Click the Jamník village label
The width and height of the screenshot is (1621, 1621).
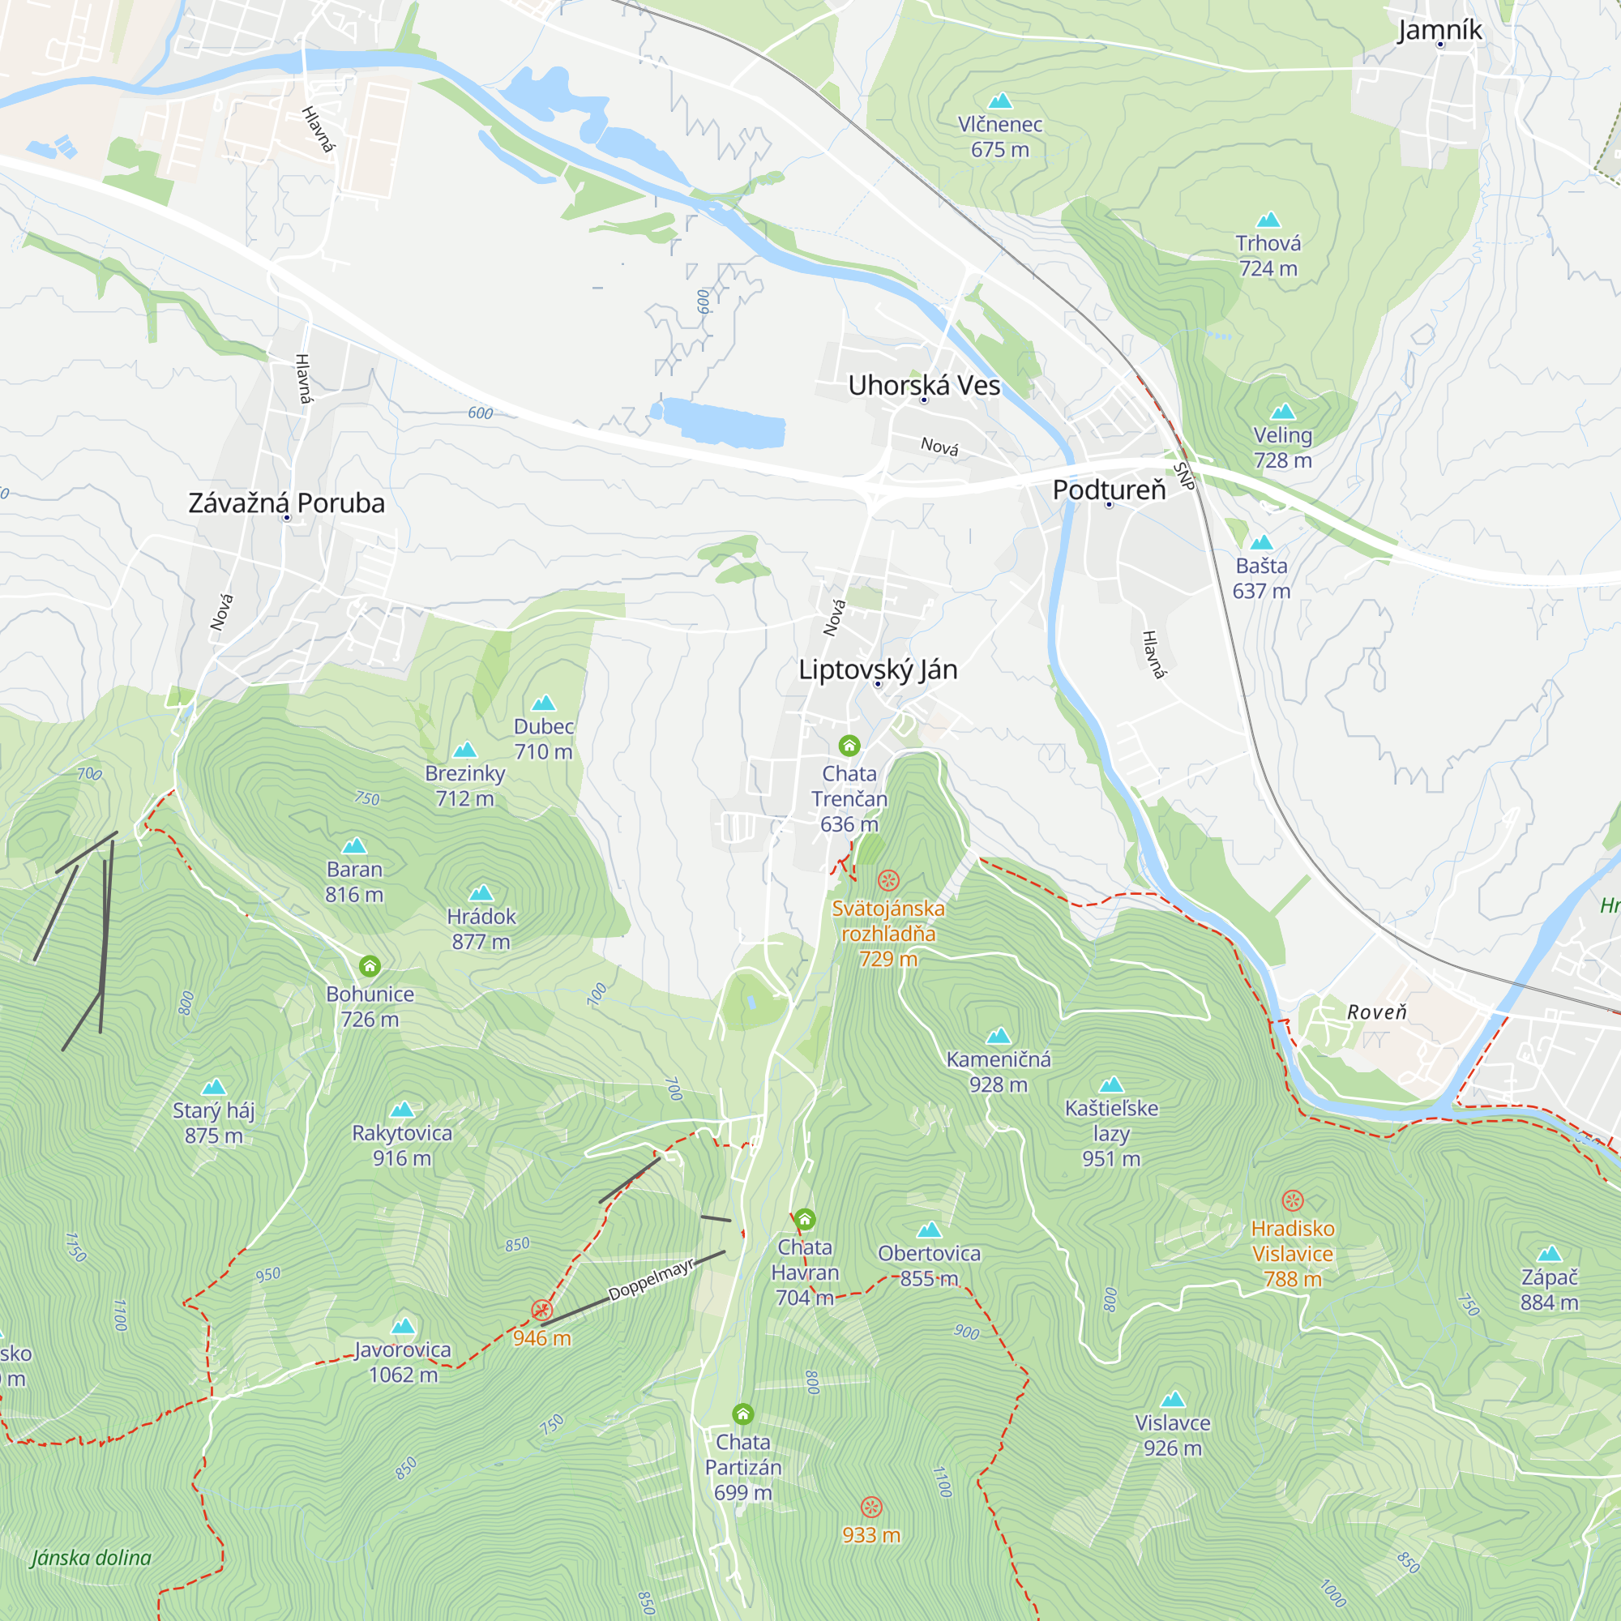(1439, 30)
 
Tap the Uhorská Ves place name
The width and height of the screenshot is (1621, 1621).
(924, 385)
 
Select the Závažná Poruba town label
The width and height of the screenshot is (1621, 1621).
(286, 503)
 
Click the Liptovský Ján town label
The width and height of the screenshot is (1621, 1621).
(878, 669)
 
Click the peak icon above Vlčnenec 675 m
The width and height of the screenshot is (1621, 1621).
(999, 101)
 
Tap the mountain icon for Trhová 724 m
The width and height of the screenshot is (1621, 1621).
(1268, 220)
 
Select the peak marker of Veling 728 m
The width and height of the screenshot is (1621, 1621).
(1282, 412)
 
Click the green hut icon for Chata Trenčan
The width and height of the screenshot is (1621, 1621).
(849, 745)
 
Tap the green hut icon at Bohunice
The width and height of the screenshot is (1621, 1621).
(370, 966)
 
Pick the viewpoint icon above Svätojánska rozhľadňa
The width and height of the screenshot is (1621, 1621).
(887, 880)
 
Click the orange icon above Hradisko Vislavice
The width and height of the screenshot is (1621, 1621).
(1292, 1200)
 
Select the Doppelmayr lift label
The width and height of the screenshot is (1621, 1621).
(651, 1280)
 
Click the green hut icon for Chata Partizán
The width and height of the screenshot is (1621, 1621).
(742, 1414)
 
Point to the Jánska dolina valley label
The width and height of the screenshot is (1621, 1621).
(92, 1557)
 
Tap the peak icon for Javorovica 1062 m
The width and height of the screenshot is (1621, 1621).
(403, 1326)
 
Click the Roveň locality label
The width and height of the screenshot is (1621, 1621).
(1376, 1012)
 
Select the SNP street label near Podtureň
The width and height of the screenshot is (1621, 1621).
(1184, 476)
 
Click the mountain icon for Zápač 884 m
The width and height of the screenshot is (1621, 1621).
(1549, 1254)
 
